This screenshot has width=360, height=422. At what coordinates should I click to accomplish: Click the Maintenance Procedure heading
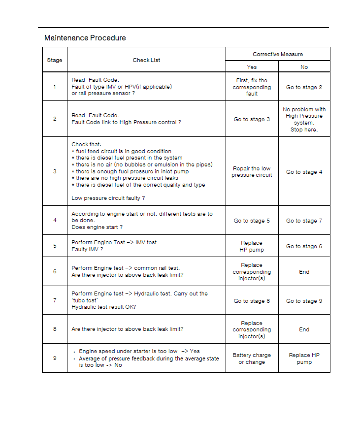pos(85,38)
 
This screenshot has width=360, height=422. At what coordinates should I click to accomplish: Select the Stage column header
pos(55,60)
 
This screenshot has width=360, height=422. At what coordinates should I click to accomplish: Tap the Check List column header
pos(146,60)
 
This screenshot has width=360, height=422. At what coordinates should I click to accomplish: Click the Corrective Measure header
pos(278,54)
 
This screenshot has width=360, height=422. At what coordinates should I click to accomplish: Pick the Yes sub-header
pos(252,67)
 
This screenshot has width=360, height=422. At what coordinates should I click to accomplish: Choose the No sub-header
pos(304,67)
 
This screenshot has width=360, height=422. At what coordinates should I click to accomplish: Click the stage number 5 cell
pos(55,246)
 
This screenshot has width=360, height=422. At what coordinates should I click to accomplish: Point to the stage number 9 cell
pos(55,358)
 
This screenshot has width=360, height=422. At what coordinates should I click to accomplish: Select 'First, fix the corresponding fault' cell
pos(252,87)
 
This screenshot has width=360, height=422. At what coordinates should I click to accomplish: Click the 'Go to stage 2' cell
pos(304,87)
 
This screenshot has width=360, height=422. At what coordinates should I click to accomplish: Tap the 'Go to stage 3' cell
pos(252,119)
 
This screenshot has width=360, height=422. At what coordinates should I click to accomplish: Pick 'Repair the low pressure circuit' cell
pos(252,172)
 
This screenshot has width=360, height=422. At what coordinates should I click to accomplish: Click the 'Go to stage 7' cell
pos(304,221)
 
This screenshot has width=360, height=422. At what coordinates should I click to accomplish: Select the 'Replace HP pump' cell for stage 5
pos(252,246)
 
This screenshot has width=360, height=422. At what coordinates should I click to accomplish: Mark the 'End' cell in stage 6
pos(304,272)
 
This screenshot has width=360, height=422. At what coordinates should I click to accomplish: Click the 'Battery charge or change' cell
pos(252,358)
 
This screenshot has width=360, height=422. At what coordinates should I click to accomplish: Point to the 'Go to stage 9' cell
pos(304,301)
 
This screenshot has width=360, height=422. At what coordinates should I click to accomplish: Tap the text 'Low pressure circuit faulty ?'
pos(108,198)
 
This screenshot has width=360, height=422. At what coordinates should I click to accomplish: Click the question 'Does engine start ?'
pos(97,227)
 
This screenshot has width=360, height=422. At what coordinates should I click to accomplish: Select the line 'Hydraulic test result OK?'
pos(103,307)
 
